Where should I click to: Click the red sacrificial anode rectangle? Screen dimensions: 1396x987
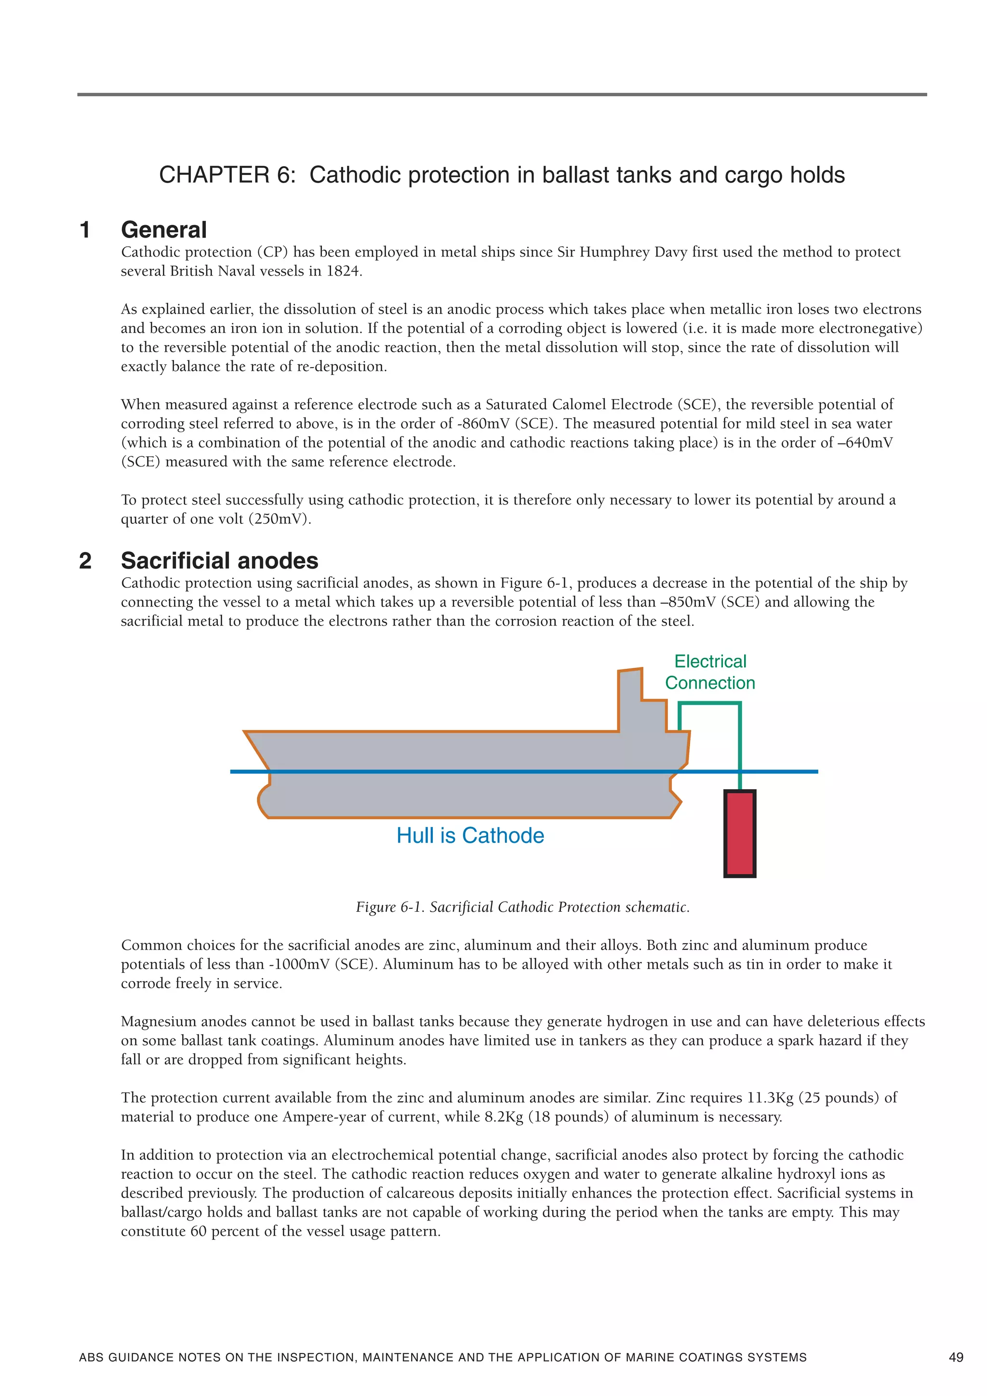point(739,834)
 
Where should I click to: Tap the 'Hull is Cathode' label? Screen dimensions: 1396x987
point(470,836)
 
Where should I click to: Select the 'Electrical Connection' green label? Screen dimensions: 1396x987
point(710,672)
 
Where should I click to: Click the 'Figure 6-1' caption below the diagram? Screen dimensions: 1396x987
point(522,907)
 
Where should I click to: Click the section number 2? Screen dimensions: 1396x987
point(85,560)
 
